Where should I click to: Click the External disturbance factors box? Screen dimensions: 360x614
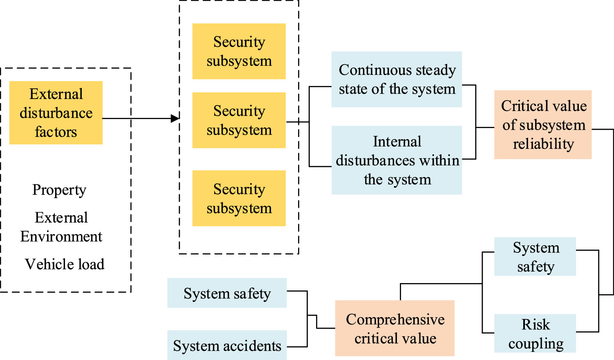56,112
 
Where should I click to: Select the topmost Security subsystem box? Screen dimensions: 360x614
239,51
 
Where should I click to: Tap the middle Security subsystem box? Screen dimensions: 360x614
239,120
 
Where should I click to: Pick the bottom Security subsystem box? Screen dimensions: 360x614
239,198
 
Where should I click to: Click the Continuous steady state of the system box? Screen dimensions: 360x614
397,79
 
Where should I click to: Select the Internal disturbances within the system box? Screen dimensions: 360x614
397,160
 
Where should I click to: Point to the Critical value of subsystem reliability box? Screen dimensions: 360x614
543,125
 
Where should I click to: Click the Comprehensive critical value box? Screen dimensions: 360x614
395,328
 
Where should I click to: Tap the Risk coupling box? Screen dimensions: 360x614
535,333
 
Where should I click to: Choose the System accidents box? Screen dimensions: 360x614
227,346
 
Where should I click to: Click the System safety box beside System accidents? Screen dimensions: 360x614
227,293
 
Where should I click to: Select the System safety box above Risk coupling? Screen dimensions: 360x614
535,256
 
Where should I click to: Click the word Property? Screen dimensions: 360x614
59,190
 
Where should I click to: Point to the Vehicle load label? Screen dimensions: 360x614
65,264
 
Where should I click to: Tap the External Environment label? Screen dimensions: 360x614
61,227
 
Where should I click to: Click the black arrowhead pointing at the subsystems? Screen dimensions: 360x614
175,119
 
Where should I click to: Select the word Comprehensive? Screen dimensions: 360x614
395,319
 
